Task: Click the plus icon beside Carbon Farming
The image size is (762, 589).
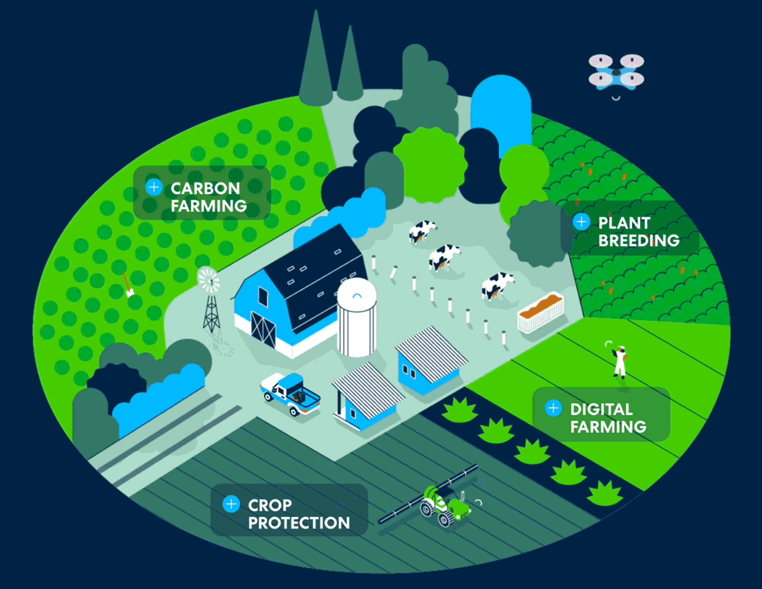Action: [x=154, y=187]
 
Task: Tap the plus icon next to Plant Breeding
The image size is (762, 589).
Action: [x=581, y=221]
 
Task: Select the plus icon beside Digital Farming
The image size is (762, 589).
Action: [x=553, y=408]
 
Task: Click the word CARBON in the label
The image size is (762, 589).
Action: [x=205, y=188]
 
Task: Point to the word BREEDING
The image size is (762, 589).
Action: [x=639, y=240]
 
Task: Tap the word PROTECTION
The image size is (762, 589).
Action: [x=299, y=523]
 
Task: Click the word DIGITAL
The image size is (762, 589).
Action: [x=601, y=409]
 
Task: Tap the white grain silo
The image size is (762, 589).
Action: [x=357, y=317]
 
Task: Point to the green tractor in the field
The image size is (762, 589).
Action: [x=445, y=506]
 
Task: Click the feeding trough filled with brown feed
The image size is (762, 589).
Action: [x=541, y=312]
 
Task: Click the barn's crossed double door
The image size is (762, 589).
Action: [x=263, y=329]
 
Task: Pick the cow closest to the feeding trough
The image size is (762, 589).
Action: [x=497, y=286]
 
